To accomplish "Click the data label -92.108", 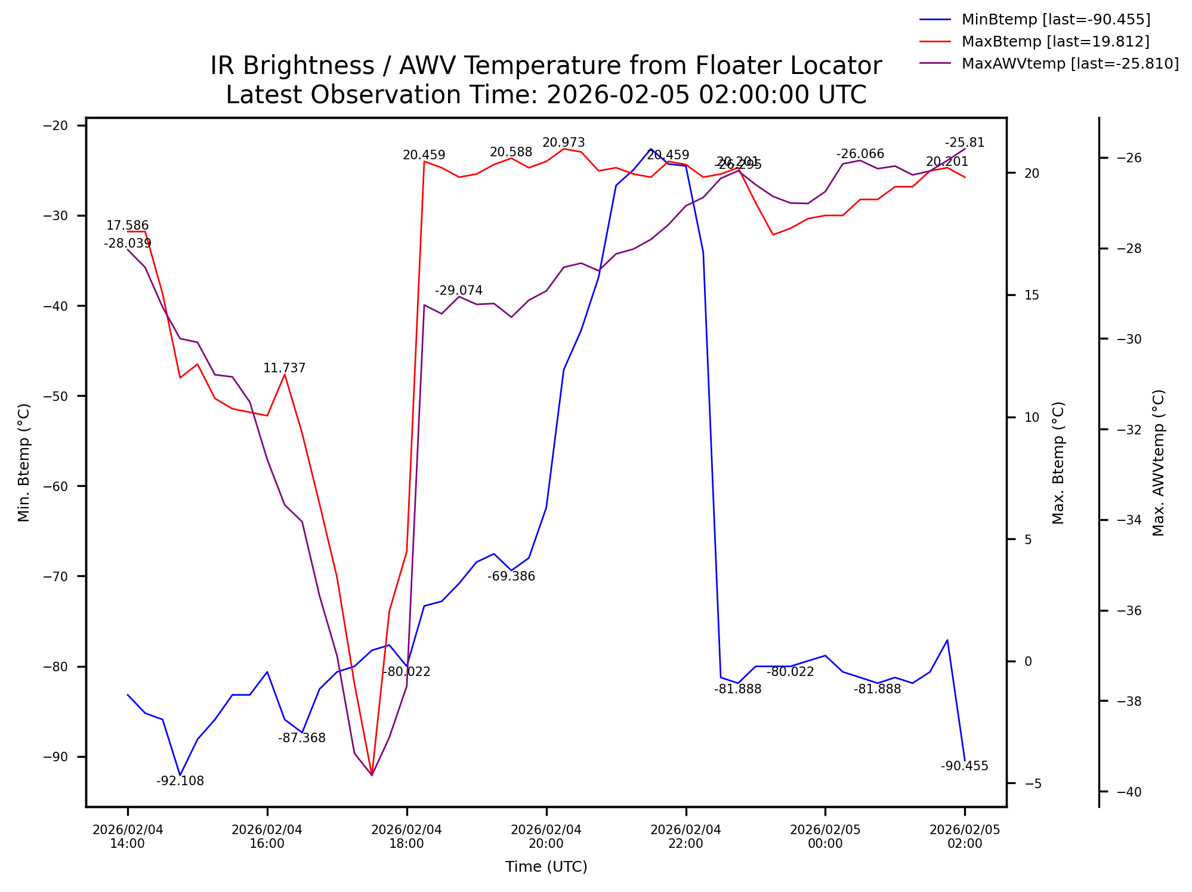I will coord(180,781).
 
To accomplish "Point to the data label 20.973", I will coord(563,143).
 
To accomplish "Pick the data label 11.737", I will coord(284,368).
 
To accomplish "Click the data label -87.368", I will coord(302,738).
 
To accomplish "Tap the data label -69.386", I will coord(511,576).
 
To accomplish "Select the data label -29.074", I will coord(458,291).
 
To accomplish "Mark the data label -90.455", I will coord(964,766).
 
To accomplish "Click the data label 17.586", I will coord(127,226).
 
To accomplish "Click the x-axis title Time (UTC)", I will coord(546,867).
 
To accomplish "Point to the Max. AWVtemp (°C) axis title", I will coord(1158,462).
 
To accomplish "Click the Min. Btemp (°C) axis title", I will coord(24,462).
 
